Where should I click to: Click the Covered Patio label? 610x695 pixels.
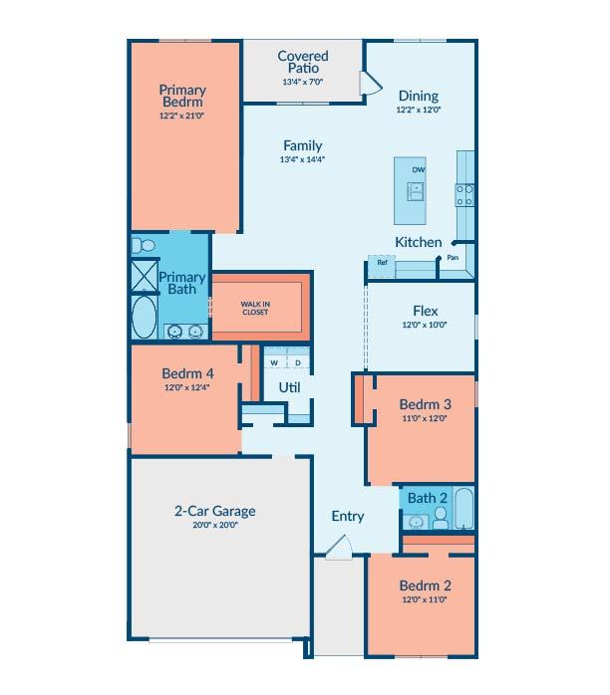(303, 62)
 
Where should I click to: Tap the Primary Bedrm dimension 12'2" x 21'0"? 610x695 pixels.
(181, 116)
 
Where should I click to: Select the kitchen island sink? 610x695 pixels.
(416, 191)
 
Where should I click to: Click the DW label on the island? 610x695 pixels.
(419, 169)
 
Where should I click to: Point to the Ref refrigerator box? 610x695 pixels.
(382, 267)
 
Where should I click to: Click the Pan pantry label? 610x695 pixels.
(453, 258)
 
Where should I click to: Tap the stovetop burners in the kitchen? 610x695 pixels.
(464, 195)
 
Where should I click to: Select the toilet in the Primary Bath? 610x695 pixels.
(144, 245)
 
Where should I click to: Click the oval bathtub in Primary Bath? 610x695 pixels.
(145, 317)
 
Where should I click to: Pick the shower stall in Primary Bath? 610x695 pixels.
(145, 276)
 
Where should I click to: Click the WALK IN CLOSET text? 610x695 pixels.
(255, 308)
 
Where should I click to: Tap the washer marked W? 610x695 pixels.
(275, 358)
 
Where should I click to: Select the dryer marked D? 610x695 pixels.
(298, 358)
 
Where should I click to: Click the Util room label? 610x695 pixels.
(289, 388)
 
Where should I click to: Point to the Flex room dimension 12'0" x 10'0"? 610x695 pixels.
(425, 325)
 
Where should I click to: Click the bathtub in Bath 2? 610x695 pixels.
(464, 509)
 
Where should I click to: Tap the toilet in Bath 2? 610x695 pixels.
(441, 518)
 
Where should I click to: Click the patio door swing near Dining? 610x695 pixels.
(370, 83)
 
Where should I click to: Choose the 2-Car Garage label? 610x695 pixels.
(215, 511)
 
